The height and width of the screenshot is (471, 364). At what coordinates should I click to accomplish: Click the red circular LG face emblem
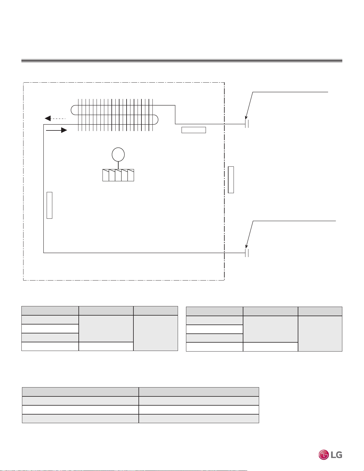coord(324,455)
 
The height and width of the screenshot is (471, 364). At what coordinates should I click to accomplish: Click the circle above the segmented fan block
coord(118,155)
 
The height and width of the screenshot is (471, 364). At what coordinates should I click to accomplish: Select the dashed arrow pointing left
coord(55,118)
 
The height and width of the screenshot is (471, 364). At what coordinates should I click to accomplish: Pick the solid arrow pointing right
coord(56,130)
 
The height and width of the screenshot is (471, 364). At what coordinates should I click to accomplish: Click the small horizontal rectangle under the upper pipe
coord(194,130)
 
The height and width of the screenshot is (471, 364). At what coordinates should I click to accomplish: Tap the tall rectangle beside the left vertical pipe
coord(49,205)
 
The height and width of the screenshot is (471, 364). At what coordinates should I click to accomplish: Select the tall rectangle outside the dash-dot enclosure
coord(231,180)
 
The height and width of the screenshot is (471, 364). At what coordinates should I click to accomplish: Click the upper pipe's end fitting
coord(247,124)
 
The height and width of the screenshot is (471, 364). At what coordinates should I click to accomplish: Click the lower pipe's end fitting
coord(247,253)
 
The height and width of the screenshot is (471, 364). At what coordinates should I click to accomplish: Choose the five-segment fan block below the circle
coord(118,175)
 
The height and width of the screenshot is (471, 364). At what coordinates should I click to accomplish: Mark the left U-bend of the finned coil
coord(73,110)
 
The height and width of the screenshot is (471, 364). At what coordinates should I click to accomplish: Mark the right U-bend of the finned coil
coord(156,120)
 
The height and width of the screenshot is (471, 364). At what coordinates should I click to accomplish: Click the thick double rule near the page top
coord(182,61)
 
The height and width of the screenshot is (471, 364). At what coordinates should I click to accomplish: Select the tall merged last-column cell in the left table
coord(156,333)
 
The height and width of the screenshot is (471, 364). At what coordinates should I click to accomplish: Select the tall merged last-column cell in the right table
coord(320,334)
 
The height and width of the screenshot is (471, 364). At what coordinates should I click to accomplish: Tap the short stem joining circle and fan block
coord(118,166)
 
